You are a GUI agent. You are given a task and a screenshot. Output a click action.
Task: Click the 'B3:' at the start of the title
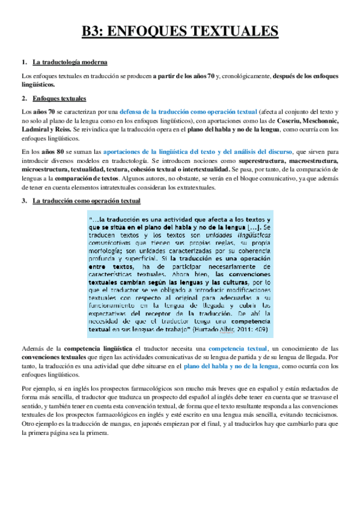(x=95, y=31)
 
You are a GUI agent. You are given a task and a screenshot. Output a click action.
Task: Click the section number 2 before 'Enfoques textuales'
(x=23, y=98)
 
